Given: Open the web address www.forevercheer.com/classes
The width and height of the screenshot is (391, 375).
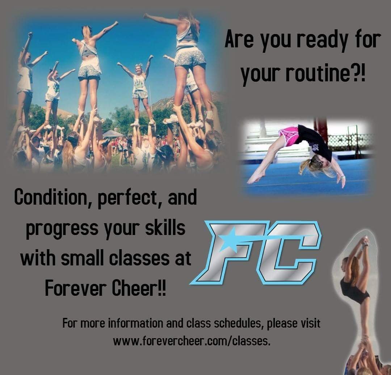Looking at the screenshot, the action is point(192,341).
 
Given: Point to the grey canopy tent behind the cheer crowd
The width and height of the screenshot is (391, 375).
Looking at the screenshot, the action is point(113,134).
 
